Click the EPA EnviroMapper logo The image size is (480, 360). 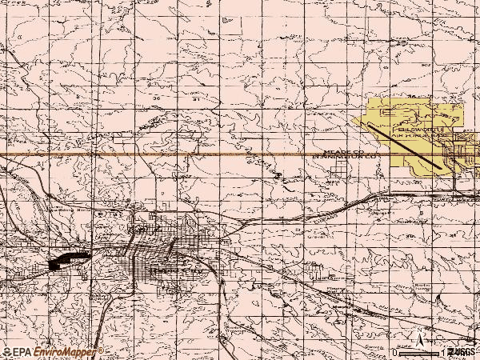[x=53, y=352]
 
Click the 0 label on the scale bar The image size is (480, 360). [x=395, y=352]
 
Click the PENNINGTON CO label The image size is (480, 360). [x=345, y=158]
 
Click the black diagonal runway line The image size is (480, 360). [x=404, y=145]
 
